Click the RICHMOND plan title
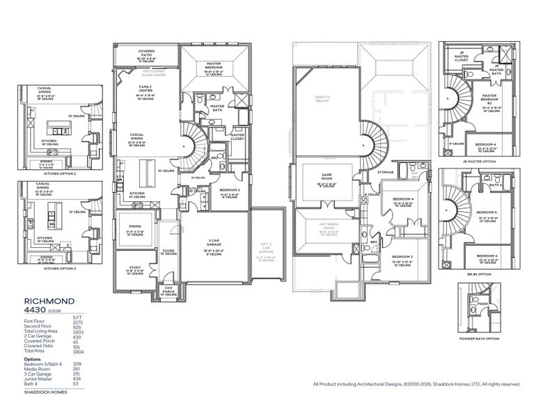coord(49,302)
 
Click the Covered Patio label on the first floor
coord(146,52)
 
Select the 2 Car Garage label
coord(214,240)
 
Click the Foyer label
coord(168,252)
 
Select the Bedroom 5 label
coord(485,212)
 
